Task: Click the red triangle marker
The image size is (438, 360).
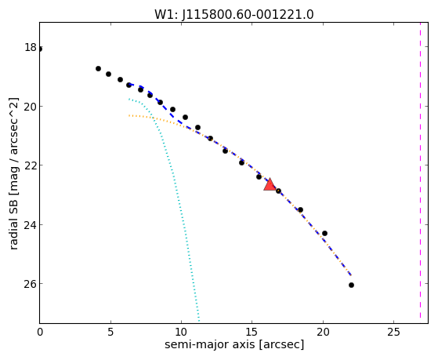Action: tap(270, 184)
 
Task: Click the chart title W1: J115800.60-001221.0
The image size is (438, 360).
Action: tap(233, 14)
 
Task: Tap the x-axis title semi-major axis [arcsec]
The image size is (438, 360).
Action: tap(234, 344)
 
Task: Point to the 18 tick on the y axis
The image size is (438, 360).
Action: tap(31, 47)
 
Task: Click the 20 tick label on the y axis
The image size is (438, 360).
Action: tap(31, 107)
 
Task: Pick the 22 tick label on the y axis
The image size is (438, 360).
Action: tap(31, 165)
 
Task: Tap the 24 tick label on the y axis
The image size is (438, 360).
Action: tap(31, 224)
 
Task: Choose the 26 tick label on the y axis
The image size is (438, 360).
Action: tap(31, 284)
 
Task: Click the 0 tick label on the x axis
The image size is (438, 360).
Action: tap(40, 333)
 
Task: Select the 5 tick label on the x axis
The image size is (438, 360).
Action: tap(110, 333)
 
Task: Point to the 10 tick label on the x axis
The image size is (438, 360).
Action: tap(181, 333)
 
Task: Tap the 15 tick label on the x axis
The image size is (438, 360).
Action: tap(252, 333)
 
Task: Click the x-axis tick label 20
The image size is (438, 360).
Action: tap(323, 333)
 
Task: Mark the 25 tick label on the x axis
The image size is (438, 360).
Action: tap(393, 333)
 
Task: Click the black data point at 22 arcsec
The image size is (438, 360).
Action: tap(351, 285)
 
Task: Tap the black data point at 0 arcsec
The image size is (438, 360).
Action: tap(40, 49)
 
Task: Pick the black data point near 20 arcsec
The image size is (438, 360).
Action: tap(324, 233)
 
